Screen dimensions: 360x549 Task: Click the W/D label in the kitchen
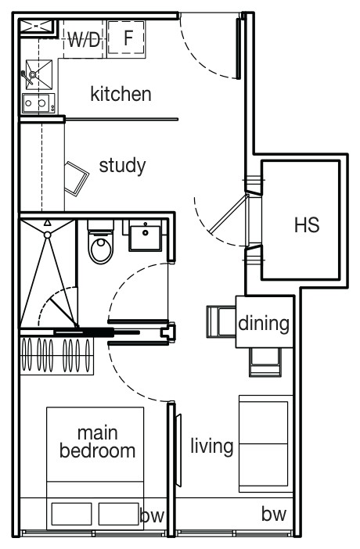pos(84,39)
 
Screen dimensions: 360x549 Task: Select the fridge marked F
pos(126,38)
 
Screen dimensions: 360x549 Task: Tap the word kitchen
pos(121,94)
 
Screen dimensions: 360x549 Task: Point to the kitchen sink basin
pos(38,74)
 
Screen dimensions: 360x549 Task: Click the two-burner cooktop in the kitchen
pos(38,103)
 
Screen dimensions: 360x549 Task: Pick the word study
pos(122,166)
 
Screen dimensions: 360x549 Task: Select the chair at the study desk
pos(76,178)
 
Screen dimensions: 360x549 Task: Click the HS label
pos(307,224)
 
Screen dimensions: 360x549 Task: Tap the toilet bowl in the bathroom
pos(101,242)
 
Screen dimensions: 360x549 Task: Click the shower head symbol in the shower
pos(47,235)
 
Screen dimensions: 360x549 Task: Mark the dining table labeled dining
pos(265,321)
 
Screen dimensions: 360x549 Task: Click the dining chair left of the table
pos(221,321)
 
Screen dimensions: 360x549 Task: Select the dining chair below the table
pos(265,361)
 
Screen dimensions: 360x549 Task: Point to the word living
pos(212,446)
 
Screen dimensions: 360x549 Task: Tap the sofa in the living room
pos(266,443)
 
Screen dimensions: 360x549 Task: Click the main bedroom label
pos(98,442)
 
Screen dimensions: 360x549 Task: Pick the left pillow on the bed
pos(71,514)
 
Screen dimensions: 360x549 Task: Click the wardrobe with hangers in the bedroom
pos(57,355)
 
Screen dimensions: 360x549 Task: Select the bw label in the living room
pos(274,514)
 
